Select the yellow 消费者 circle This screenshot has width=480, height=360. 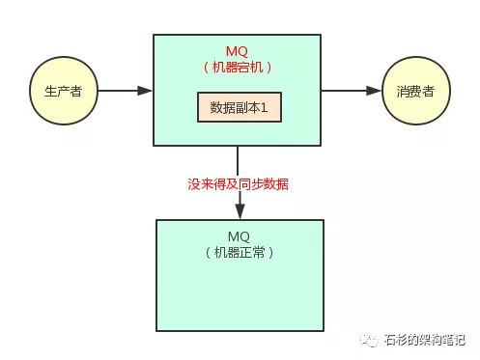click(x=414, y=91)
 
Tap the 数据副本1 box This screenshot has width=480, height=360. click(x=239, y=106)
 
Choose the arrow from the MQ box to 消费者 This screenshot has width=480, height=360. click(x=350, y=91)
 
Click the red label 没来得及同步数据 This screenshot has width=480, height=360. click(x=238, y=182)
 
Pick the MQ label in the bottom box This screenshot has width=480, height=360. click(x=239, y=235)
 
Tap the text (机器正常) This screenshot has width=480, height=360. click(x=239, y=252)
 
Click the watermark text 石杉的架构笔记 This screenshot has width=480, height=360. click(x=424, y=340)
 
